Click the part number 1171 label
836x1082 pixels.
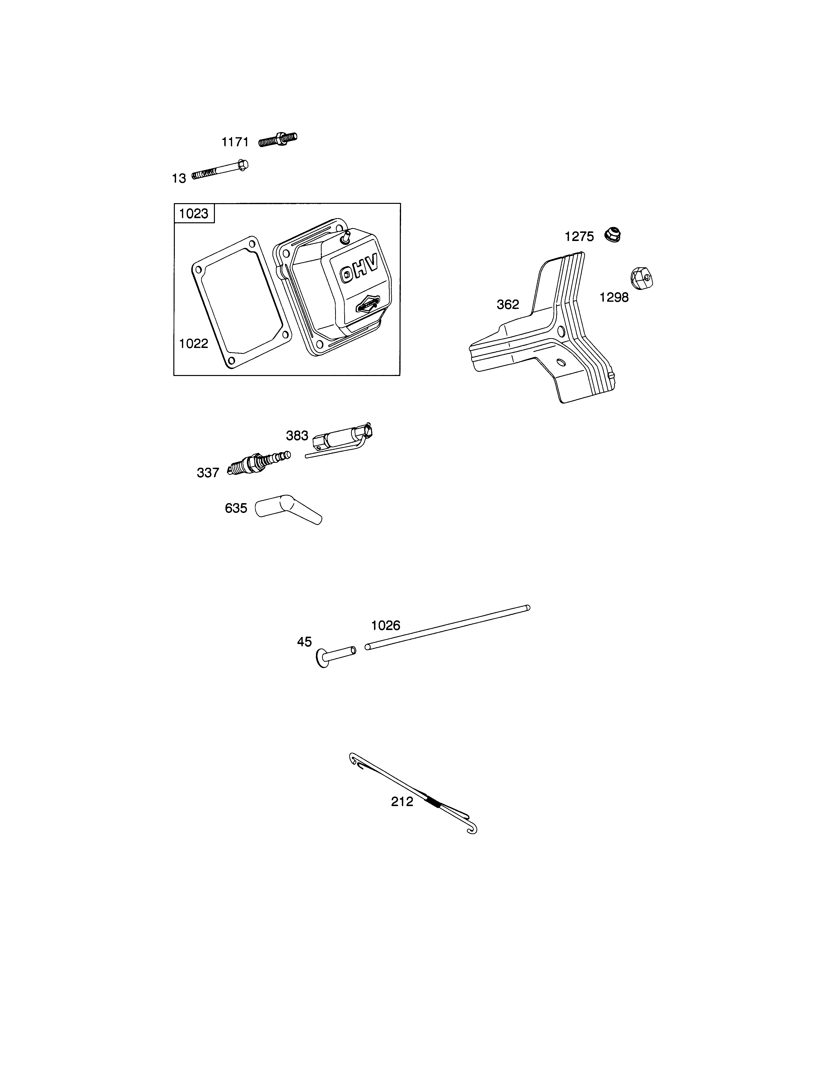235,142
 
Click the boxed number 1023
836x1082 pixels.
194,213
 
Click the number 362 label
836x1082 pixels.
508,305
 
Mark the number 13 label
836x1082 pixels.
179,178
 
